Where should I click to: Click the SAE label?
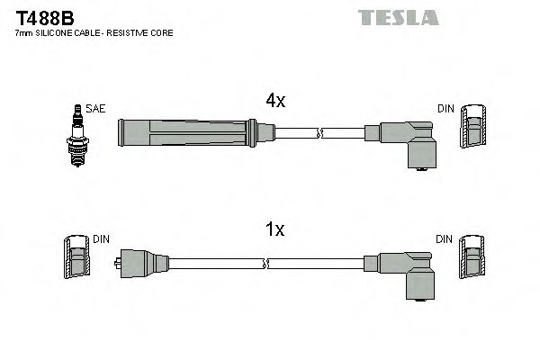coord(95,109)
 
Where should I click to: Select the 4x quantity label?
coord(274,102)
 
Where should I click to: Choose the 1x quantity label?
coord(274,229)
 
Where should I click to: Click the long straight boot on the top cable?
coord(194,133)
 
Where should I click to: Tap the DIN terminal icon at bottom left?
coord(77,259)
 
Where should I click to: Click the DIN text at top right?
coord(445,109)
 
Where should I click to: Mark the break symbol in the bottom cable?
coord(267,264)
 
